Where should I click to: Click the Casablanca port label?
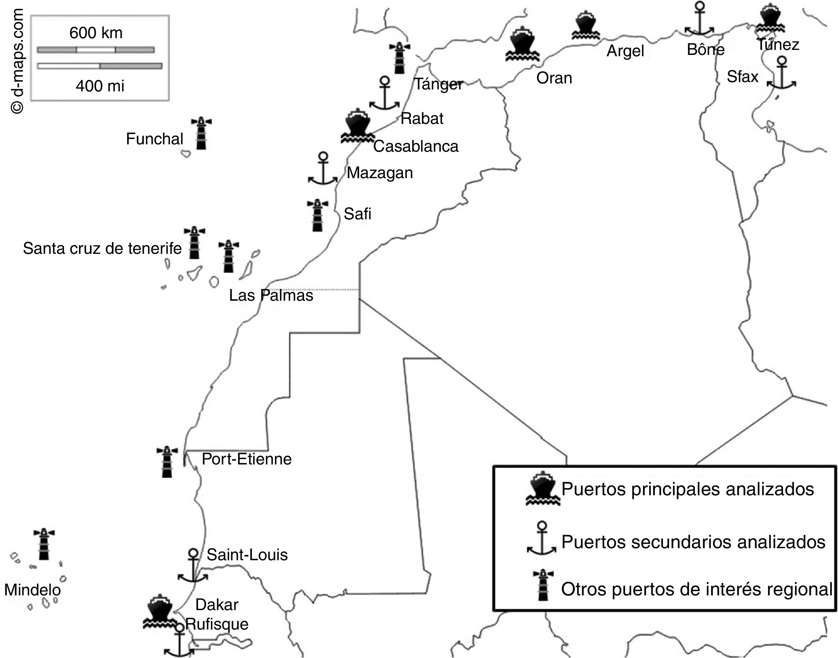tap(416, 146)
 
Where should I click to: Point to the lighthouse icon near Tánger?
tap(399, 58)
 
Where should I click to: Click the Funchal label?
tap(154, 139)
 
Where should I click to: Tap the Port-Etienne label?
tap(246, 459)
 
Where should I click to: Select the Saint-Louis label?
tap(247, 555)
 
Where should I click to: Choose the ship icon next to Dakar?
tap(159, 611)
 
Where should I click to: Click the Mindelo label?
tap(33, 590)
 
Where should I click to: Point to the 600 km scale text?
tap(96, 33)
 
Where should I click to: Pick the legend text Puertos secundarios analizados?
tap(693, 542)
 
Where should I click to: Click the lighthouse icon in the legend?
tap(543, 585)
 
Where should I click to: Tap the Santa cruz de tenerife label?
tap(102, 248)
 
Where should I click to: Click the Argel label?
tap(625, 51)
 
